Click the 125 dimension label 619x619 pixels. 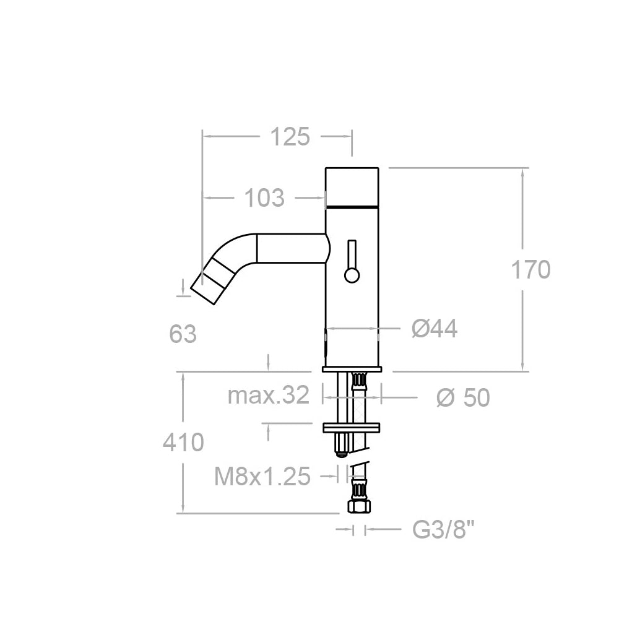(290, 137)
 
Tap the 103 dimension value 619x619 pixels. (264, 198)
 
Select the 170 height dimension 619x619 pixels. (530, 270)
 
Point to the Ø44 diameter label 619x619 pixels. (435, 329)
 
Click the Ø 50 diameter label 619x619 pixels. (463, 397)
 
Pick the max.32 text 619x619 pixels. (269, 395)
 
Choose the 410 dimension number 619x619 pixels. (183, 442)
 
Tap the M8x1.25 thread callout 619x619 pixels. (262, 477)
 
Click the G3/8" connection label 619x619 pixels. (443, 529)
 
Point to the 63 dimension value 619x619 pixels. (183, 334)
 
